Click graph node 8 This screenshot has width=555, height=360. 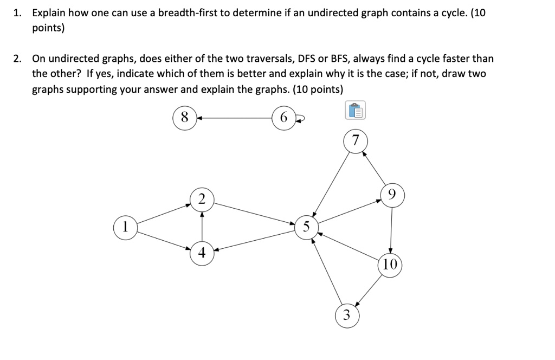pyautogui.click(x=184, y=118)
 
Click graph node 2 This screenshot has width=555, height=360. pyautogui.click(x=202, y=199)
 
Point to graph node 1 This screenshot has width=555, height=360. pyautogui.click(x=125, y=226)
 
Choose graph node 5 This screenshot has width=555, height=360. pyautogui.click(x=306, y=227)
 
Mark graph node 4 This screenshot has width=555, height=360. pyautogui.click(x=202, y=252)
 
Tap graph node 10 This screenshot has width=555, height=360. pyautogui.click(x=391, y=265)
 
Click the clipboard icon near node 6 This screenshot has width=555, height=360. pyautogui.click(x=355, y=111)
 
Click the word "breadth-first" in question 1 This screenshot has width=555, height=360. pyautogui.click(x=188, y=13)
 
